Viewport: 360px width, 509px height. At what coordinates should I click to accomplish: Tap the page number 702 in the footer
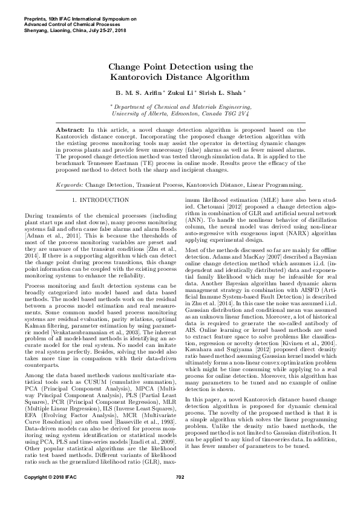[180, 494]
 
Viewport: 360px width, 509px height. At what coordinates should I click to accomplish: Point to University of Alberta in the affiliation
[136, 112]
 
